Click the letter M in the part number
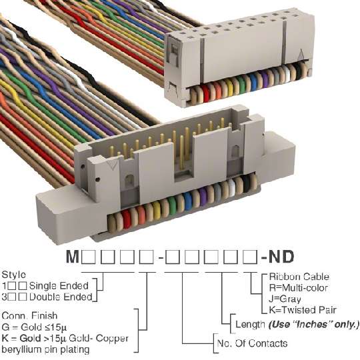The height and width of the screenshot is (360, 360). click(x=73, y=257)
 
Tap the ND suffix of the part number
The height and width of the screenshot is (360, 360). click(x=281, y=257)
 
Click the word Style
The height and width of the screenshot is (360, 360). click(x=14, y=275)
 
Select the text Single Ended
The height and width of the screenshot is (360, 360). click(x=59, y=286)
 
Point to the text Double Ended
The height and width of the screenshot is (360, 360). click(x=61, y=297)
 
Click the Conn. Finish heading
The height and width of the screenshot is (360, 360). click(x=29, y=316)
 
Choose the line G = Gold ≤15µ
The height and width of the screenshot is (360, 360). click(x=34, y=327)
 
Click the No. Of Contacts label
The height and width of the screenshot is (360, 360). click(x=252, y=343)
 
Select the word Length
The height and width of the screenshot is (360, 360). click(x=250, y=325)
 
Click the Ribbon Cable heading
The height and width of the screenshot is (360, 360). click(x=299, y=277)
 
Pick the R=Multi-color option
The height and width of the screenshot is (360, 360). click(x=298, y=288)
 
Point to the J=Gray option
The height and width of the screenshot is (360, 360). click(x=285, y=299)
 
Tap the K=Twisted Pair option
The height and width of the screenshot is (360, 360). click(x=303, y=310)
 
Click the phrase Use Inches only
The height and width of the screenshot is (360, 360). click(x=313, y=325)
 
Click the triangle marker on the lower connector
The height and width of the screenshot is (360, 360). click(x=113, y=165)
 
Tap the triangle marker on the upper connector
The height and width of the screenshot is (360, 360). click(x=301, y=55)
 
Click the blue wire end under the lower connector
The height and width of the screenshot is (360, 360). click(x=188, y=201)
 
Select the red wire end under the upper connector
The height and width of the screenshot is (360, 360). click(x=206, y=93)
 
